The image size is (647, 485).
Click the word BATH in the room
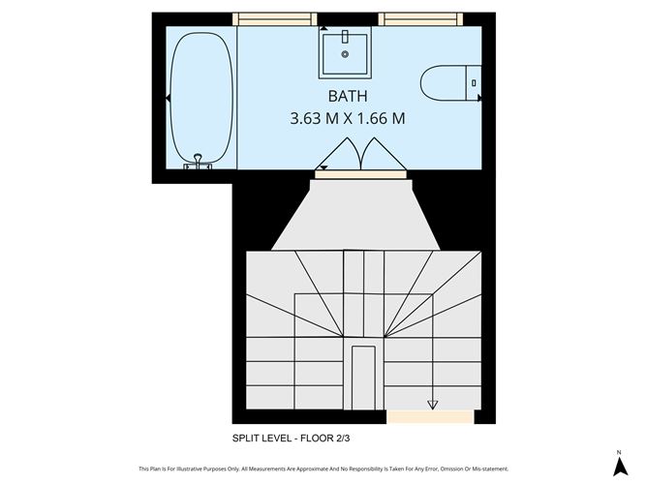pyautogui.click(x=347, y=97)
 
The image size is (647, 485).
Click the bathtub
pyautogui.click(x=201, y=99)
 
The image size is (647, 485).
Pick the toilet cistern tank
pyautogui.click(x=475, y=82)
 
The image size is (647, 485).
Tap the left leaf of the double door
pyautogui.click(x=341, y=155)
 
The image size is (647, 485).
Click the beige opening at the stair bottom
pyautogui.click(x=416, y=418)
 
